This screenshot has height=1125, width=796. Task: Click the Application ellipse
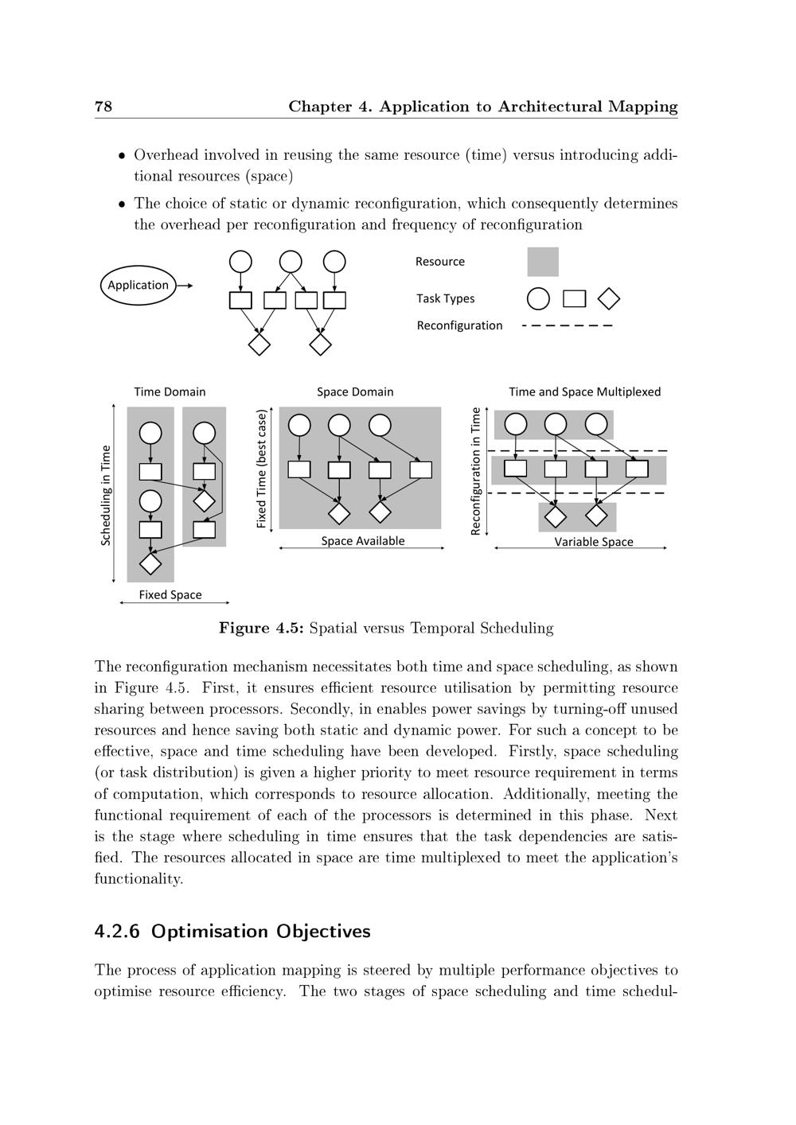pos(139,285)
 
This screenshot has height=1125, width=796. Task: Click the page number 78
pos(103,107)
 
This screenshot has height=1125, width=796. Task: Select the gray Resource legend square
pos(543,262)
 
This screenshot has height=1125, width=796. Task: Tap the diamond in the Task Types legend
pos(609,298)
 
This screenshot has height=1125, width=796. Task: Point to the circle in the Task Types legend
pos(538,298)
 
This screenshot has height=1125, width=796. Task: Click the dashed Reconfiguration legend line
pos(567,325)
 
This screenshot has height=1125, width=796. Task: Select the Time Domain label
pos(170,391)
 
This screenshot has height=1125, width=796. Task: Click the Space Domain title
pos(355,391)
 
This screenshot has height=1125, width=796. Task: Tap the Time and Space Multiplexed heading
pos(584,391)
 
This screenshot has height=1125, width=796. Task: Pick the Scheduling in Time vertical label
pos(106,495)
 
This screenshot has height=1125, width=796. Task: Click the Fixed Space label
pos(170,594)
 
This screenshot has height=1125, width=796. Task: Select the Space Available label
pos(363,541)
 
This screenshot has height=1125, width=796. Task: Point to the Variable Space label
pos(594,542)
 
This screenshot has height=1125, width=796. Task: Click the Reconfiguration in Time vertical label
pos(476,471)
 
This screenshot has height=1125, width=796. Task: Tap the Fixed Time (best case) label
pos(261,469)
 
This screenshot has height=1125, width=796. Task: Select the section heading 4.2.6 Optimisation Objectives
pos(232,931)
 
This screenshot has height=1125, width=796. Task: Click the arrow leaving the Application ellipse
pos(184,285)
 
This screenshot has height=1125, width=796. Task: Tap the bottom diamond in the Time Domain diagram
pos(150,562)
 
